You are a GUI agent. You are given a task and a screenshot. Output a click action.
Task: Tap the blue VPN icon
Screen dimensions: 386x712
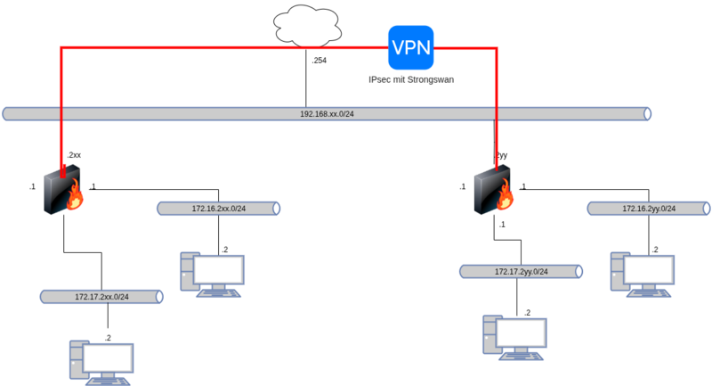410,47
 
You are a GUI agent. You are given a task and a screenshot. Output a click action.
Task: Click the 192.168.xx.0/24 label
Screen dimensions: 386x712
327,114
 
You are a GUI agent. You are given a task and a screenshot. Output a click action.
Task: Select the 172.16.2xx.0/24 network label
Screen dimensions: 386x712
219,209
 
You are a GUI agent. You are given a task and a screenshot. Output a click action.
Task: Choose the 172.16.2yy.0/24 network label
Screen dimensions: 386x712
649,209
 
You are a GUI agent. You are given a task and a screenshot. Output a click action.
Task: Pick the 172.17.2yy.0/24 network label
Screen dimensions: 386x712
522,271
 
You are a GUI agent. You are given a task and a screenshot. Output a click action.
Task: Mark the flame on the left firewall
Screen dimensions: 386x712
77,197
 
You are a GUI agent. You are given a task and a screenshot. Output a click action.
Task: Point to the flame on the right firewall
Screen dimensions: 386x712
507,196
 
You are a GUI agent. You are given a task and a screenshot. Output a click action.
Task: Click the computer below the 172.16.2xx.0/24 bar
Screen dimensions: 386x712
213,275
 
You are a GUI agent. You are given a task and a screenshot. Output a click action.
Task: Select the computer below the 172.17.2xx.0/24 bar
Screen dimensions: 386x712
101,361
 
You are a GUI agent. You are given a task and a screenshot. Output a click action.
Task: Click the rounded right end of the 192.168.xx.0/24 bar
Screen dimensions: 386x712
648,114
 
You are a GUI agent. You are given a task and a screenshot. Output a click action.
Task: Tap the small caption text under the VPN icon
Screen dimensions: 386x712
411,80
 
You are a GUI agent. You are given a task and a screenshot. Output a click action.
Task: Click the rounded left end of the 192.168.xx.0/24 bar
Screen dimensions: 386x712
5,114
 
